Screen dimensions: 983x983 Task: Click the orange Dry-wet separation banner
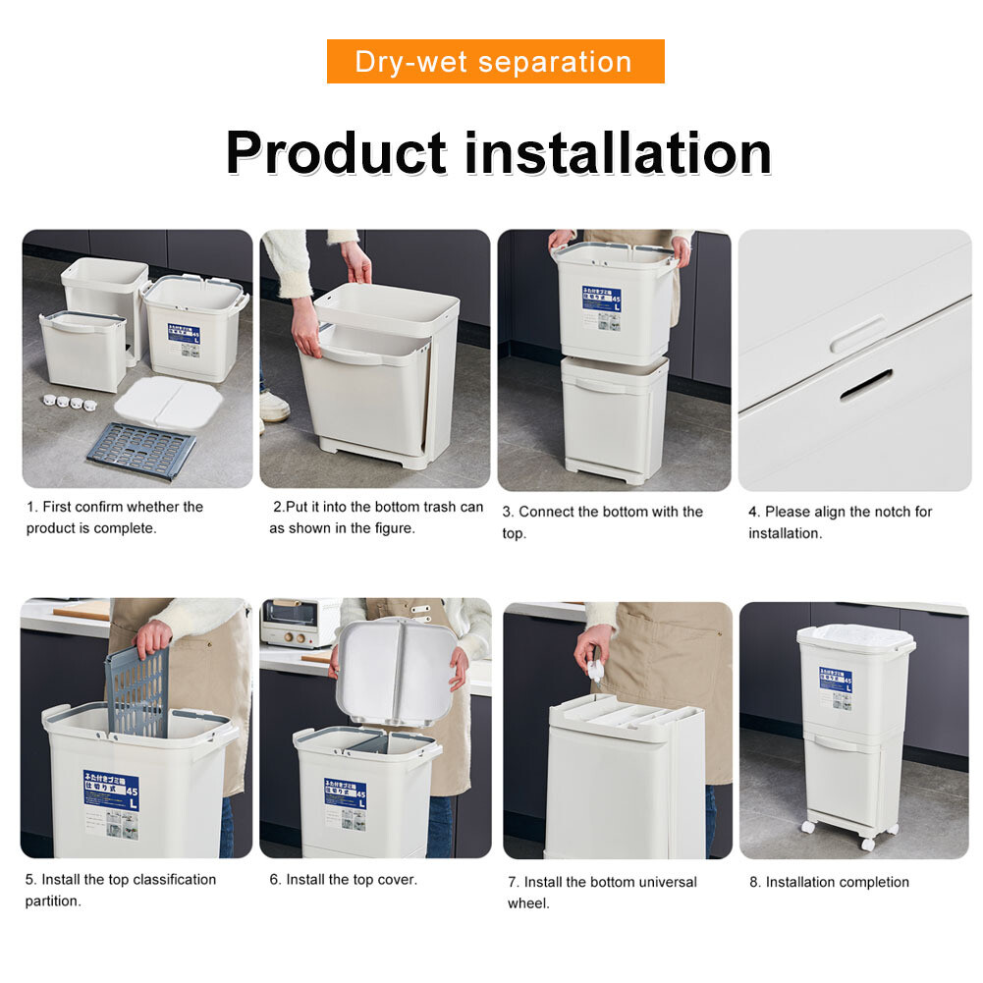pyautogui.click(x=495, y=61)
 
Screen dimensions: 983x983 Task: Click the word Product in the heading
pyautogui.click(x=335, y=153)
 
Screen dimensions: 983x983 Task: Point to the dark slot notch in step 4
pyautogui.click(x=865, y=384)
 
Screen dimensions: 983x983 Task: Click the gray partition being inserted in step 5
pyautogui.click(x=132, y=687)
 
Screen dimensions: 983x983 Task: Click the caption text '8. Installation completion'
pyautogui.click(x=829, y=882)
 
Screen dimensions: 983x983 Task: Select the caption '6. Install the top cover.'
pyautogui.click(x=344, y=879)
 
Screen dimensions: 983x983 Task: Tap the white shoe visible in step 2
pyautogui.click(x=274, y=406)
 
